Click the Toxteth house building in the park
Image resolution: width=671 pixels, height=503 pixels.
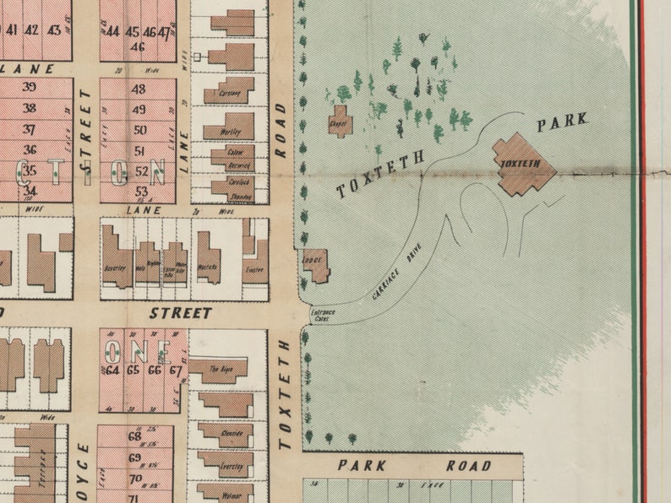point(524,164)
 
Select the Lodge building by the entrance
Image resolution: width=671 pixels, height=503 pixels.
point(315,265)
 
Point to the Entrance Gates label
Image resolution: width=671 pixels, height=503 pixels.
point(325,316)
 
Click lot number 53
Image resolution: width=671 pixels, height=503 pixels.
point(141,192)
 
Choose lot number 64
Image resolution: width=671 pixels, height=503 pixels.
point(112,370)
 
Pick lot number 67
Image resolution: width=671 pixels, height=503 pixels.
point(176,370)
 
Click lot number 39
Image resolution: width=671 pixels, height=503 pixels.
point(30,86)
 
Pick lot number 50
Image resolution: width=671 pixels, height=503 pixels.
point(140,130)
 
